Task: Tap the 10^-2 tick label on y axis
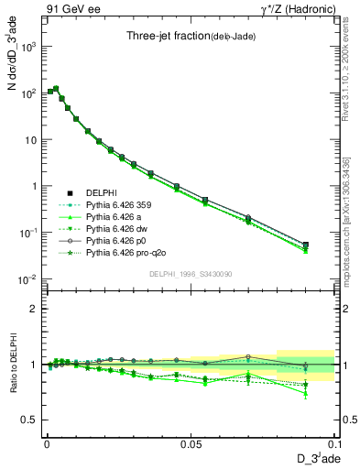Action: tap(28, 278)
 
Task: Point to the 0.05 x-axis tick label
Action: tap(190, 442)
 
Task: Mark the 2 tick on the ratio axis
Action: tap(34, 309)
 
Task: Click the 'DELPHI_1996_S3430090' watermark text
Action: tap(190, 274)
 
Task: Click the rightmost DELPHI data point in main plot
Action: tap(305, 245)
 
